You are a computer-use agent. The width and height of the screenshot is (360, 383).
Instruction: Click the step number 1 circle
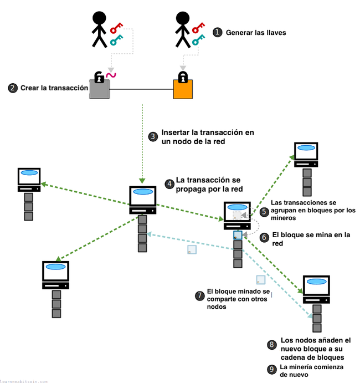click(218, 33)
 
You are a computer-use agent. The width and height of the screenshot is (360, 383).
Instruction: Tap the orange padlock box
click(183, 89)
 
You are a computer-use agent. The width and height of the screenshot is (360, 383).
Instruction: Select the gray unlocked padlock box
click(100, 89)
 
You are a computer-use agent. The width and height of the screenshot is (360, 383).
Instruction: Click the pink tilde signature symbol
click(111, 75)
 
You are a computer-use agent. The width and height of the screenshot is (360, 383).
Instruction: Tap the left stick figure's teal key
click(116, 40)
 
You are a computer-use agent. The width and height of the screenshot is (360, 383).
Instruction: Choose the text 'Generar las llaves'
click(256, 33)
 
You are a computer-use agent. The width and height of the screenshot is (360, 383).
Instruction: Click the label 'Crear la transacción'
click(54, 88)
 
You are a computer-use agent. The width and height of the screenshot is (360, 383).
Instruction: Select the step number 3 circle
click(153, 136)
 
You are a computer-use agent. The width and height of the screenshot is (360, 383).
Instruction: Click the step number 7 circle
click(199, 296)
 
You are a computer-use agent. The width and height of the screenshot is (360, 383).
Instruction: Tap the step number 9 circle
click(271, 369)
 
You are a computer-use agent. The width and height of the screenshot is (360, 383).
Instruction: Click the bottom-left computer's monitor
click(55, 272)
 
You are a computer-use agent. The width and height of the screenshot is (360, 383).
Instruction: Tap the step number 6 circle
click(264, 237)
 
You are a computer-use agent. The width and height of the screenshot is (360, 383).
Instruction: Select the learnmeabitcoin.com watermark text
click(24, 381)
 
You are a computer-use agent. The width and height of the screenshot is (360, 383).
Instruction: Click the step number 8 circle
click(271, 345)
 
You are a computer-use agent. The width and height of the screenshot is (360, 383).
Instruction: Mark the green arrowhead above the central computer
click(143, 181)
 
